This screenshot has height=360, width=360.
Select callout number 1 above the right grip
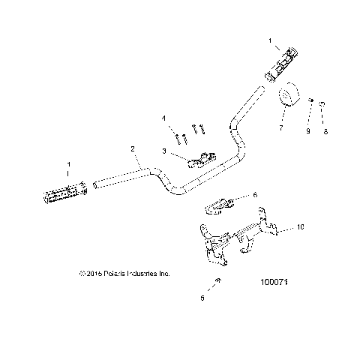pyautogui.click(x=271, y=37)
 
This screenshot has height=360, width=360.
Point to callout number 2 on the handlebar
pyautogui.click(x=133, y=150)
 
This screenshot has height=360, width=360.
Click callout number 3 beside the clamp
pyautogui.click(x=164, y=151)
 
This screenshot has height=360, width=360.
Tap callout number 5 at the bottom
pyautogui.click(x=202, y=298)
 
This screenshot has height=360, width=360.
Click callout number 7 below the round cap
pyautogui.click(x=281, y=128)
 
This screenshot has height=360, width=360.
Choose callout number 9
pyautogui.click(x=307, y=132)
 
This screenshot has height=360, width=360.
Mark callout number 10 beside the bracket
pyautogui.click(x=301, y=225)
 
